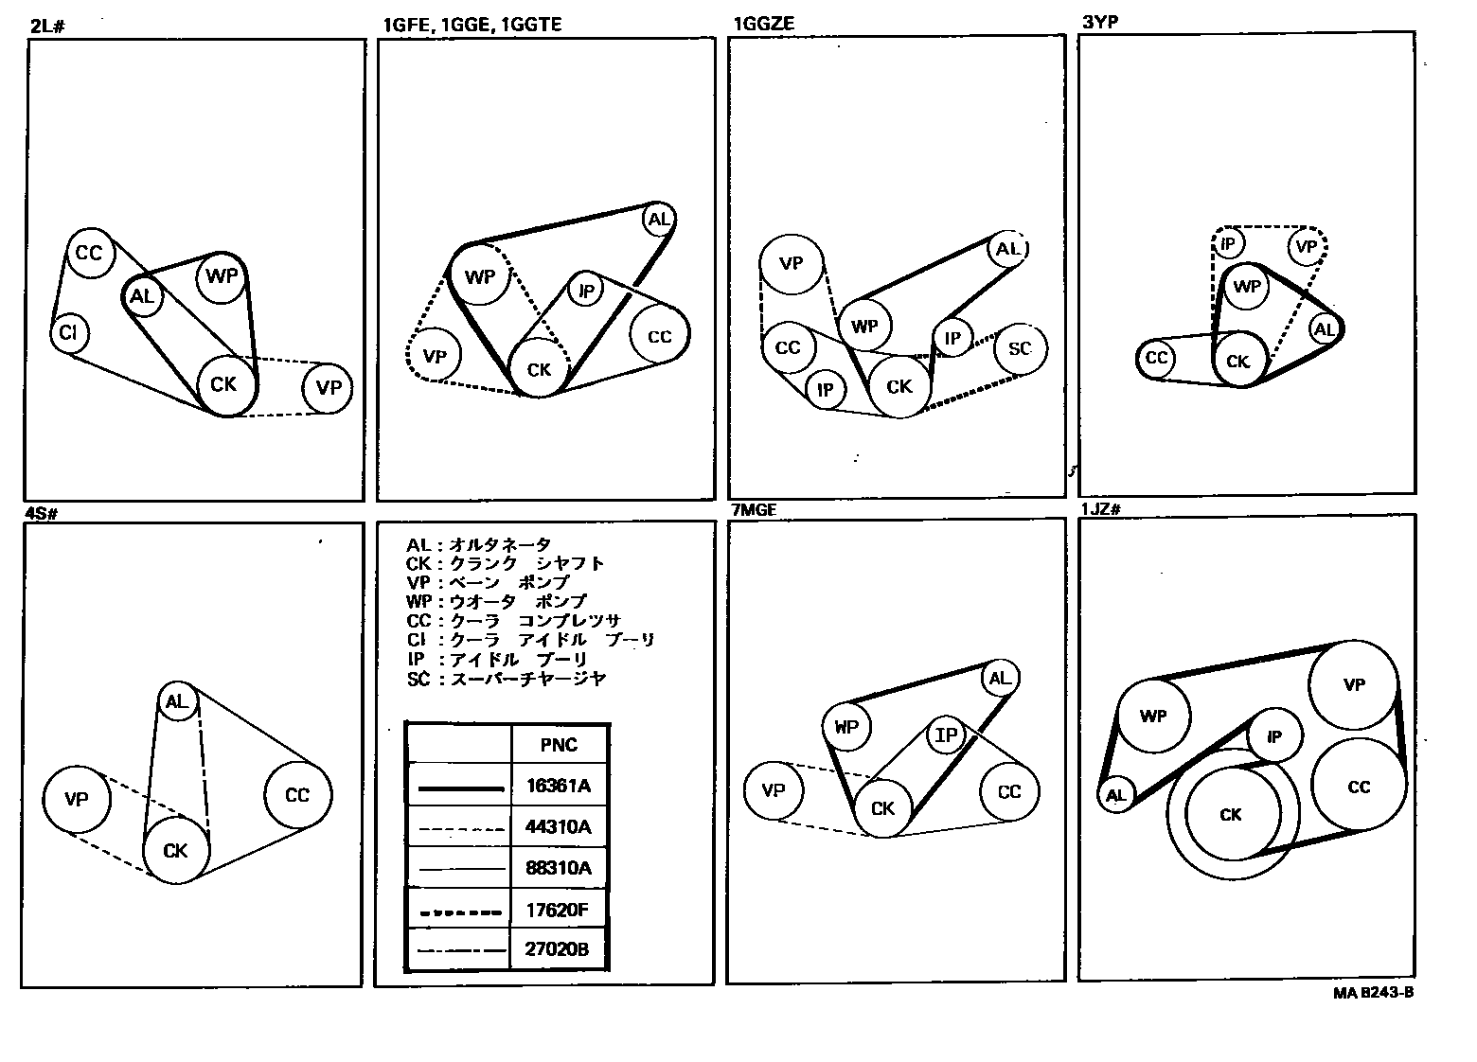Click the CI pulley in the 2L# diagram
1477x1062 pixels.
pyautogui.click(x=69, y=333)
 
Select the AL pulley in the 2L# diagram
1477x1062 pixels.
pyautogui.click(x=142, y=296)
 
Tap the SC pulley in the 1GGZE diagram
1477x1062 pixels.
pyautogui.click(x=1020, y=348)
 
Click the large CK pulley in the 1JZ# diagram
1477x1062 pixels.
pyautogui.click(x=1231, y=814)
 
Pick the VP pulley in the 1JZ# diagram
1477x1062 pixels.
pyautogui.click(x=1354, y=684)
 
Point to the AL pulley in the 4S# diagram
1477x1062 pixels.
pyautogui.click(x=177, y=701)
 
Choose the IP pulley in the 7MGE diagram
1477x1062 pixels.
pyautogui.click(x=946, y=735)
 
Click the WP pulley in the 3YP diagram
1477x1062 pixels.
pyautogui.click(x=1247, y=286)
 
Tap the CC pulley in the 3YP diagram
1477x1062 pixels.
pyautogui.click(x=1156, y=358)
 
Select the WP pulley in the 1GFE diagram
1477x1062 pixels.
pyautogui.click(x=480, y=276)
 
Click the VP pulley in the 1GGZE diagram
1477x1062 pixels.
pyautogui.click(x=792, y=262)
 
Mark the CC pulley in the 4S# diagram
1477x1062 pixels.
pyautogui.click(x=298, y=795)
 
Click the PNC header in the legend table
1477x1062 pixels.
pyautogui.click(x=559, y=745)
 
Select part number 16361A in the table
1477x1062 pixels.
pyautogui.click(x=559, y=786)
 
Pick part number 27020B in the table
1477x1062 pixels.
pyautogui.click(x=559, y=949)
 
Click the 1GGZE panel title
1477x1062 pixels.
pyautogui.click(x=763, y=25)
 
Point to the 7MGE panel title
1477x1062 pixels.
pyautogui.click(x=755, y=510)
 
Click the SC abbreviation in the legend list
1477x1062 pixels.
pyautogui.click(x=418, y=679)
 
